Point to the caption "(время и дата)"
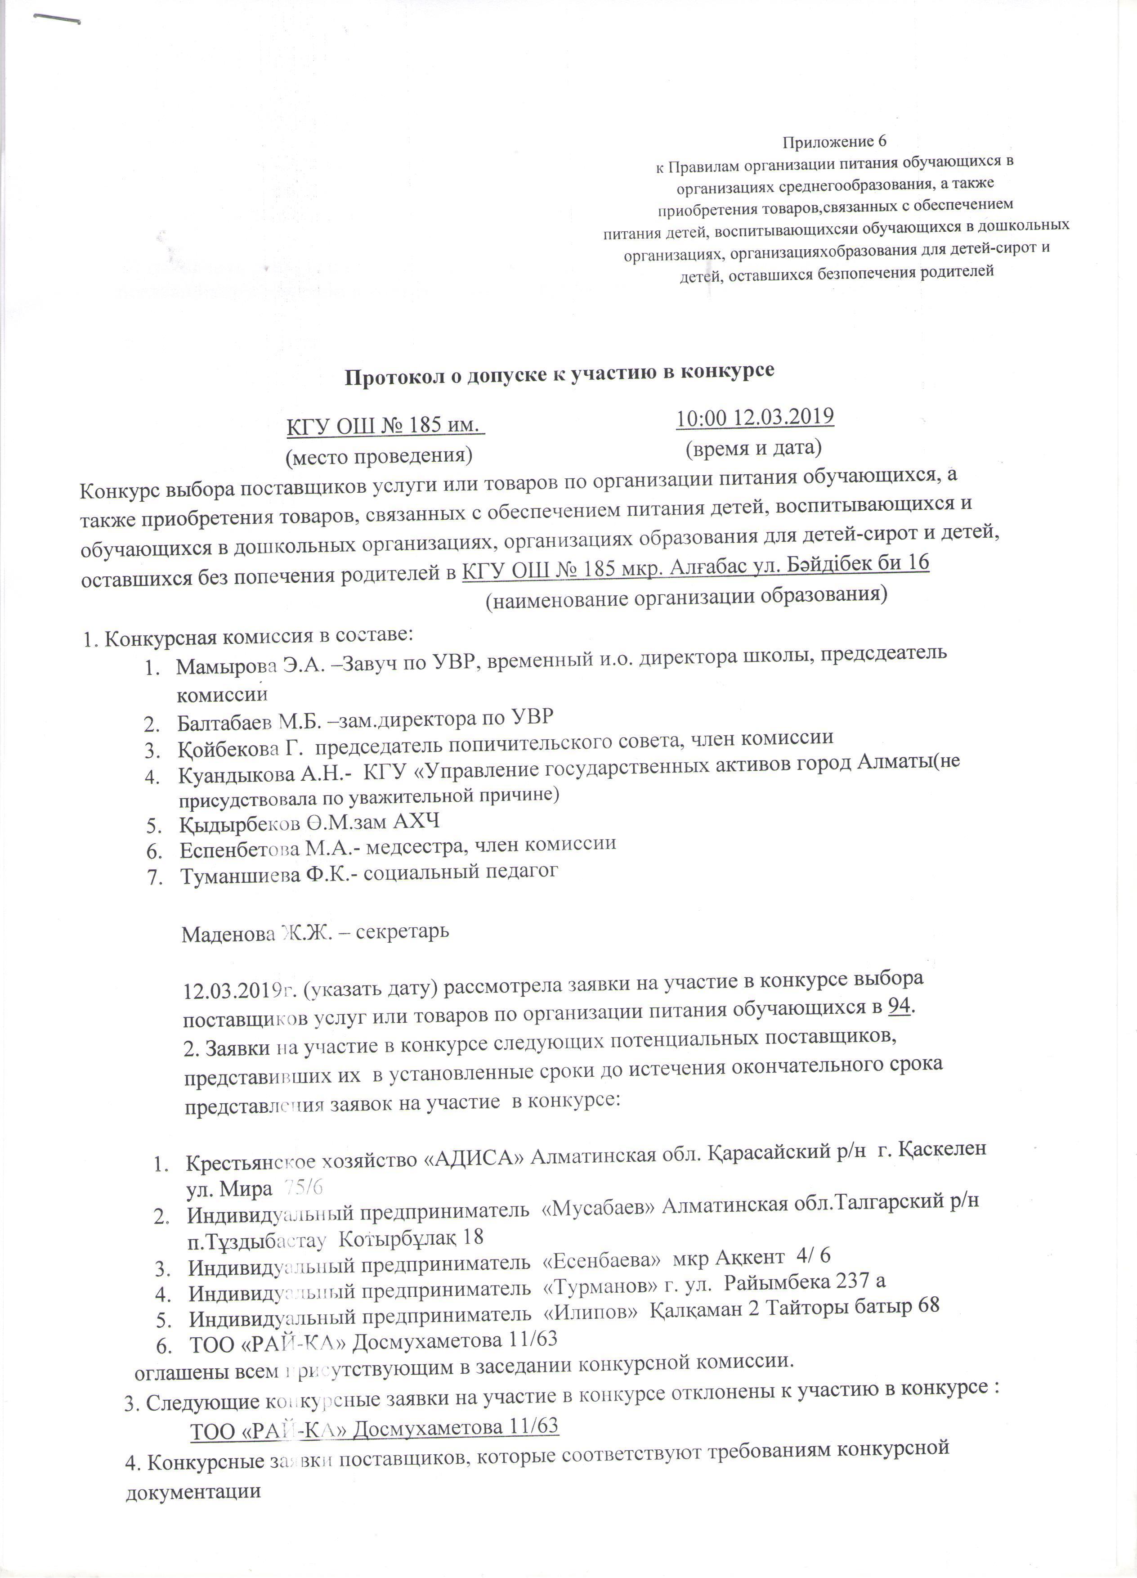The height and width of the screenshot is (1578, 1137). pyautogui.click(x=754, y=447)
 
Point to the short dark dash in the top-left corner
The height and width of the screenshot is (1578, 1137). pyautogui.click(x=57, y=22)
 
